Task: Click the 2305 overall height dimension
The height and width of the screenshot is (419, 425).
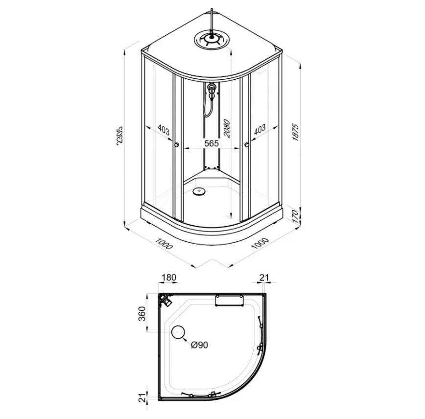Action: pyautogui.click(x=119, y=135)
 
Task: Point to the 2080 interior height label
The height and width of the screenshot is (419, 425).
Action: pyautogui.click(x=226, y=128)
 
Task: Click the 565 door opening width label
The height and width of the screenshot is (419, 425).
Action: pyautogui.click(x=212, y=143)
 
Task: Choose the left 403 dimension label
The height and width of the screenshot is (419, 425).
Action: pyautogui.click(x=163, y=130)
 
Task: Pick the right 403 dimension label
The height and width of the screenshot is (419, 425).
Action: pyautogui.click(x=260, y=130)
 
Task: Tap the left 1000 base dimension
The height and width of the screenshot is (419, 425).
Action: pyautogui.click(x=164, y=243)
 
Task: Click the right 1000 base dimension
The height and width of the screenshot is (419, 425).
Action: pyautogui.click(x=260, y=243)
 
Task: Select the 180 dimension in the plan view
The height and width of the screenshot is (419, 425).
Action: pyautogui.click(x=169, y=278)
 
